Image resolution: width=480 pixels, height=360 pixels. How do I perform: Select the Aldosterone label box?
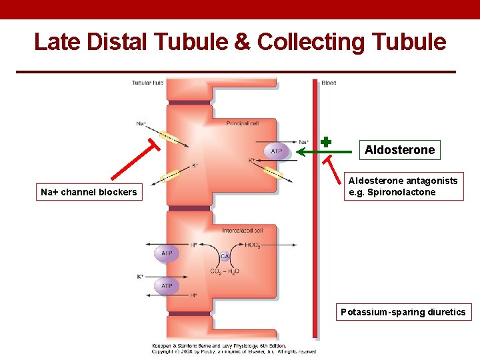[x=399, y=150]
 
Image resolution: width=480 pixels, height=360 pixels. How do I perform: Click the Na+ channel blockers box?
[x=89, y=192]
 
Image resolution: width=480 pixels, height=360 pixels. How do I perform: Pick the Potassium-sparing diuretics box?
[x=403, y=312]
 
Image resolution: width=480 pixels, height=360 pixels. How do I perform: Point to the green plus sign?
[x=326, y=141]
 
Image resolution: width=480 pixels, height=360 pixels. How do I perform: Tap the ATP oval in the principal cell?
[x=276, y=151]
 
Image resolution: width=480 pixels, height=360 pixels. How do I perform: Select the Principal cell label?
[x=242, y=123]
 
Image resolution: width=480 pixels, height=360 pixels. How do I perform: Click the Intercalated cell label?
[x=243, y=230]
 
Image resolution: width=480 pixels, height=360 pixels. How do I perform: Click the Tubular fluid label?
[x=147, y=83]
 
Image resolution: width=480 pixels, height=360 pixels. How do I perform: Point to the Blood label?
[x=329, y=83]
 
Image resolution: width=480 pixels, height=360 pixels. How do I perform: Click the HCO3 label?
[x=253, y=245]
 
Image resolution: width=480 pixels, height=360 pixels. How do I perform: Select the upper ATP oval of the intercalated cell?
[x=167, y=253]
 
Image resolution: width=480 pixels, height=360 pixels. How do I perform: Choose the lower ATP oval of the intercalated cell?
[x=167, y=286]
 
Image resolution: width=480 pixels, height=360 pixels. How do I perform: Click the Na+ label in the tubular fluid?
[x=141, y=123]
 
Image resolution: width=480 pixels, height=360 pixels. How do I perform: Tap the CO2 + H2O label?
[x=225, y=271]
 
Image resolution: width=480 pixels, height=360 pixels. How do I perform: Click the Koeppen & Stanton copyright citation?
[x=233, y=349]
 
